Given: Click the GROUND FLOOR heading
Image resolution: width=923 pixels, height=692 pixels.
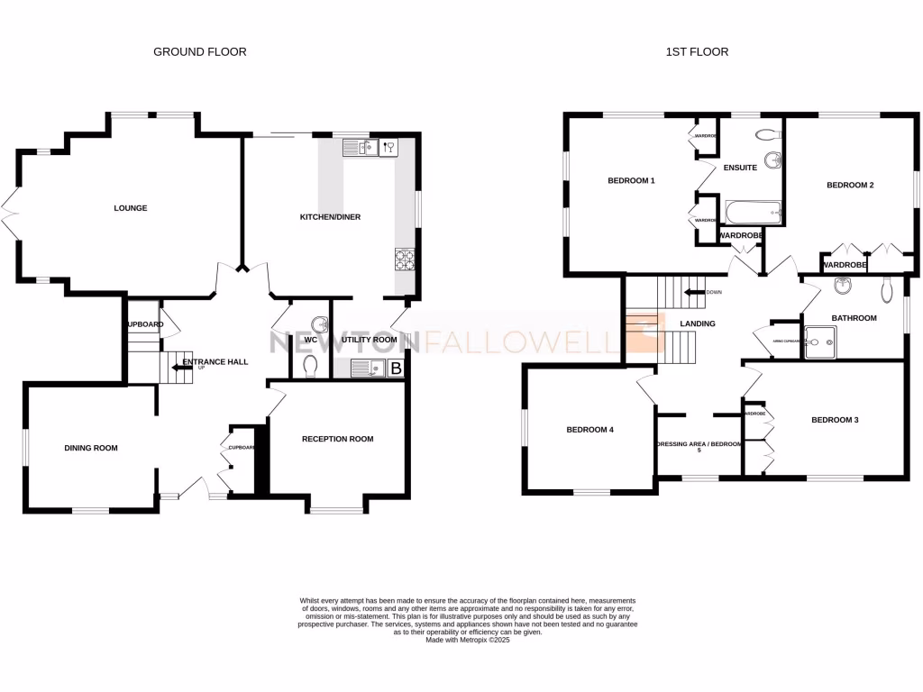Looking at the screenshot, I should [x=199, y=52].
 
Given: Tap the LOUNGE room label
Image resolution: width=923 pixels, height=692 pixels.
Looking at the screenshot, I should [x=131, y=208].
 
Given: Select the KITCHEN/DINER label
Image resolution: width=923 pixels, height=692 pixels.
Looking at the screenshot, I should [x=330, y=217].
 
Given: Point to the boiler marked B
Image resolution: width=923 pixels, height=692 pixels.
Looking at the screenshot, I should [x=395, y=367].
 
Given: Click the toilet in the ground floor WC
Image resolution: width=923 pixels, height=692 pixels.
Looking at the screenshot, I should [x=309, y=365].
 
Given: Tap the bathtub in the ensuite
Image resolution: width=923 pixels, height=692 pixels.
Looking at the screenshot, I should [x=751, y=214].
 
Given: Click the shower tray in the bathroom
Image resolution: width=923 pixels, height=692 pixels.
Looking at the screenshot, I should [x=820, y=341].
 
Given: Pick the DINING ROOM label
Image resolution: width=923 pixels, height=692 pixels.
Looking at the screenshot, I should [x=90, y=448].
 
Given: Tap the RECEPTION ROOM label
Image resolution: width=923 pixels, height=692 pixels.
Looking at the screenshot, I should [x=337, y=439].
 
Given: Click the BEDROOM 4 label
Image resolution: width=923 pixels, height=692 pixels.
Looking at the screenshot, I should [x=589, y=430].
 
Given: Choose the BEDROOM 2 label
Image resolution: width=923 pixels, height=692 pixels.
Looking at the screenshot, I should [x=850, y=186].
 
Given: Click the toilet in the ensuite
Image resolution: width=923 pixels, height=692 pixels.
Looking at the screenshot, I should [x=768, y=135].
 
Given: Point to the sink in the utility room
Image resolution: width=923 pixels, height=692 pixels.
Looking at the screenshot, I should [x=362, y=367].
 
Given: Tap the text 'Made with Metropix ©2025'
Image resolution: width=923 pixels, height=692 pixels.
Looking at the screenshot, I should [x=469, y=640].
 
